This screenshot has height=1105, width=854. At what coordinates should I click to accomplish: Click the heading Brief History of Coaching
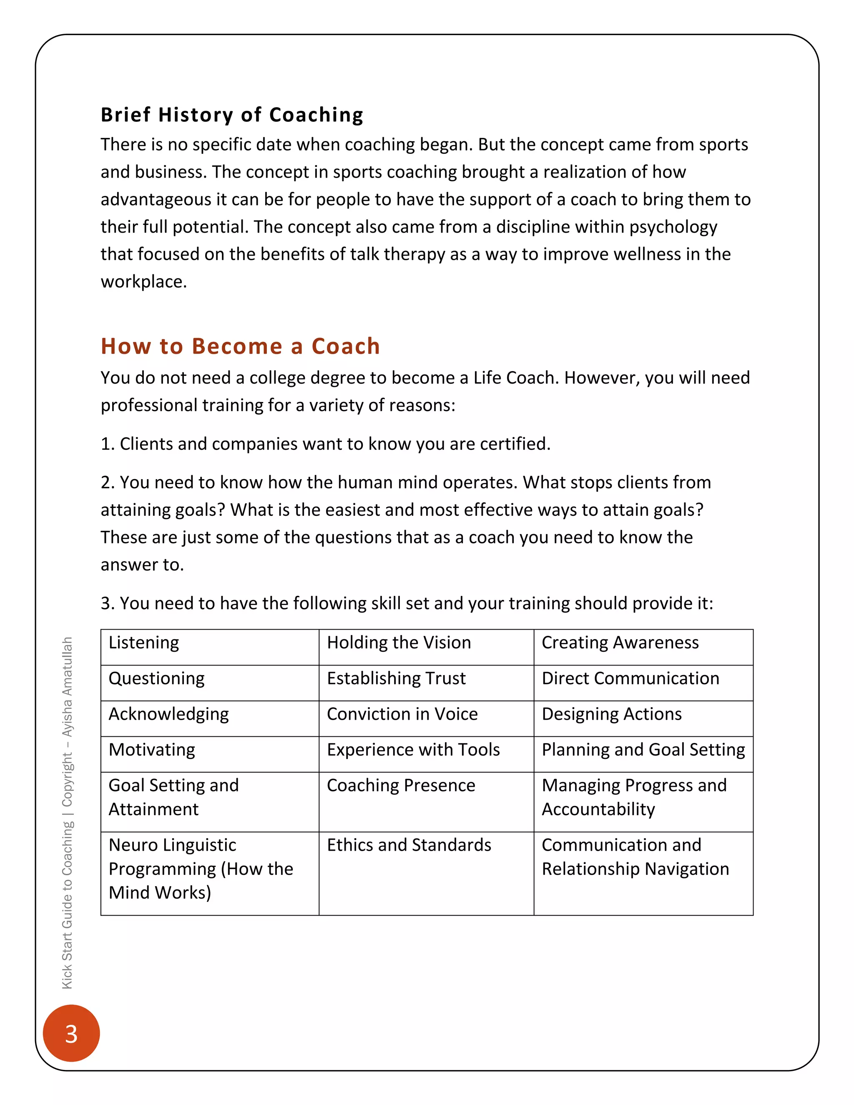pyautogui.click(x=232, y=115)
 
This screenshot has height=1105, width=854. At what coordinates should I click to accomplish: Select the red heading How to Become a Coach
pyautogui.click(x=240, y=347)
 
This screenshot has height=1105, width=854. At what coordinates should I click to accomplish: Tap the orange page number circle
pyautogui.click(x=71, y=1033)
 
